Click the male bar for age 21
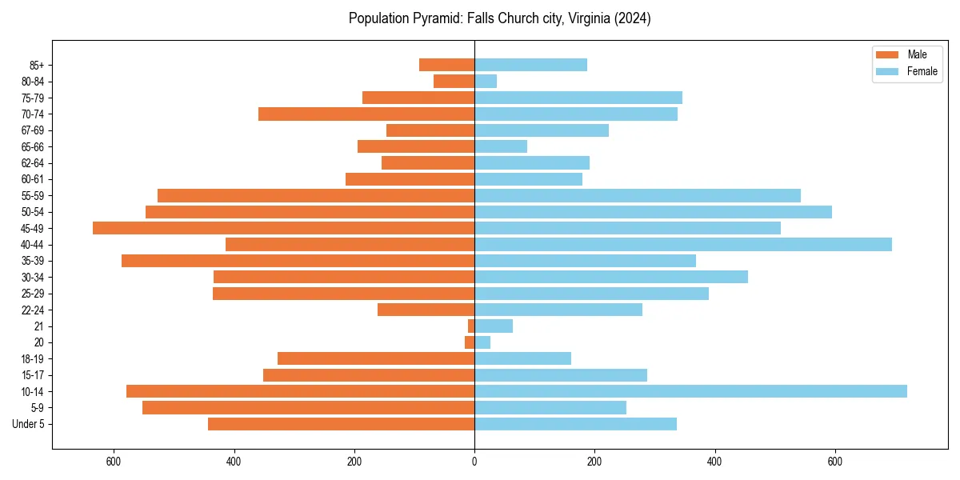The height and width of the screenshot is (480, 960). click(471, 326)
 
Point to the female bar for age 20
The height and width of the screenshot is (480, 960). click(482, 342)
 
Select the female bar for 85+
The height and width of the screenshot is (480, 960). click(530, 65)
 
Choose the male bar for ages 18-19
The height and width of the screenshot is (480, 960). click(376, 358)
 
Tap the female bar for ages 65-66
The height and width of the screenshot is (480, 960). click(501, 146)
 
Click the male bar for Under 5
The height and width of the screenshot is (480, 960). click(342, 424)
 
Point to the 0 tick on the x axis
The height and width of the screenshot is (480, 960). click(474, 462)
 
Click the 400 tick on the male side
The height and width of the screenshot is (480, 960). click(234, 462)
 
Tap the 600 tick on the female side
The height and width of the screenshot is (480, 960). click(834, 462)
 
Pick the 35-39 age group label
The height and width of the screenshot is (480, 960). click(34, 261)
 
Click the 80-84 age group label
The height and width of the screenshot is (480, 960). click(34, 81)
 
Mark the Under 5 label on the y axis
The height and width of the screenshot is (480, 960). click(29, 424)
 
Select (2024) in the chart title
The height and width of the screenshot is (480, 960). click(633, 18)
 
